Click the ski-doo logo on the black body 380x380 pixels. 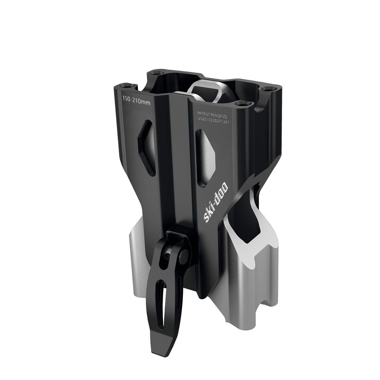click(x=216, y=203)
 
